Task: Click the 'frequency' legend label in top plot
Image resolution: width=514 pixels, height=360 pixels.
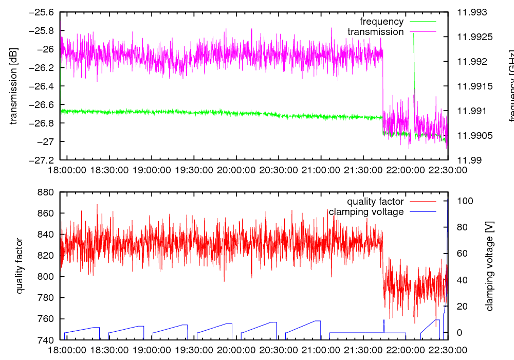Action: click(x=382, y=22)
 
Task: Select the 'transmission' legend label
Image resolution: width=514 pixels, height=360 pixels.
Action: click(x=376, y=32)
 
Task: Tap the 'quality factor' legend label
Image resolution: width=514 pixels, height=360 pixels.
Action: click(x=375, y=202)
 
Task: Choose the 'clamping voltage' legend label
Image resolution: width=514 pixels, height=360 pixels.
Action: click(x=366, y=212)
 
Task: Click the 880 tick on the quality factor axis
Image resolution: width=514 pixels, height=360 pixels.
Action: click(x=46, y=192)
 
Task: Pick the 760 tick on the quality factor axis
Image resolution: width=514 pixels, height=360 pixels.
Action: click(x=46, y=319)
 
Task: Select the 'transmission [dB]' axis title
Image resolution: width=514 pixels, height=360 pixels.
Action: click(x=14, y=86)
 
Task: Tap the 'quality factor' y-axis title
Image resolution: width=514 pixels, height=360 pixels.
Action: click(x=20, y=266)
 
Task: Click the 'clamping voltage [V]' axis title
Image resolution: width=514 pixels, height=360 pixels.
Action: click(x=489, y=266)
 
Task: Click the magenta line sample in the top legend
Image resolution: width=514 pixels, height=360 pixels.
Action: click(x=423, y=32)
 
